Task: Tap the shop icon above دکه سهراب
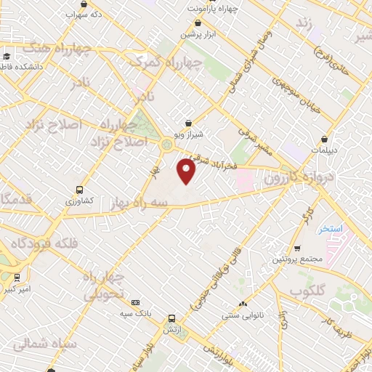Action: [85, 4]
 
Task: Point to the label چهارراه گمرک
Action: [161, 63]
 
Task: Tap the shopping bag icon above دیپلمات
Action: [325, 138]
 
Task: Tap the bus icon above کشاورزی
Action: [78, 188]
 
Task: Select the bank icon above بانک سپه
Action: [134, 302]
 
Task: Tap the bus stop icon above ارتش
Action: [171, 318]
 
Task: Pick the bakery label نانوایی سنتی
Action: [243, 315]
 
